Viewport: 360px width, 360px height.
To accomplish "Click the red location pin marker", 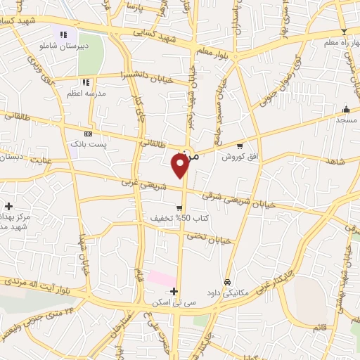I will click(181, 165).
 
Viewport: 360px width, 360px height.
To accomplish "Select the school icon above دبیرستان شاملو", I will click(63, 34).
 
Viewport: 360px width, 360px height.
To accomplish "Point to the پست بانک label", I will click(87, 144).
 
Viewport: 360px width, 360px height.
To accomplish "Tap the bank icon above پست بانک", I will click(88, 133).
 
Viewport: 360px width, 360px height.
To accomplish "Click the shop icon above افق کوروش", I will click(240, 146).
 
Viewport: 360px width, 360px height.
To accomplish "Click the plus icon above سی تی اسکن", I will click(174, 290).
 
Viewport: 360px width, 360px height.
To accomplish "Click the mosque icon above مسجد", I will click(345, 110).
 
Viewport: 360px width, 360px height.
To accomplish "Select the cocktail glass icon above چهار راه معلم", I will click(344, 32).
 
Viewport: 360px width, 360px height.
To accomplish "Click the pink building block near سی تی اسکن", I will click(162, 278).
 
